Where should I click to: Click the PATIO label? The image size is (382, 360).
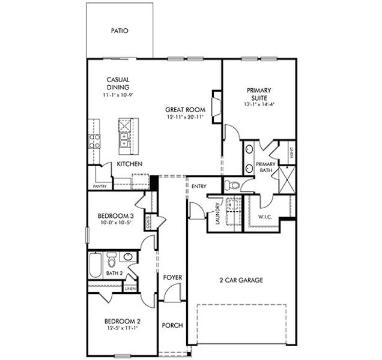120,31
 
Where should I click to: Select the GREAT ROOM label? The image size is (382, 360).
186,110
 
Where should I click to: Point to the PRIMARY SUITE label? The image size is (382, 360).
259,93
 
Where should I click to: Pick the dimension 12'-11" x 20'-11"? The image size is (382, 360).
186,118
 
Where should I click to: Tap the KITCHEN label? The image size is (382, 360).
129,164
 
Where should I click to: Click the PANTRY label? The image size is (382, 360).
100,186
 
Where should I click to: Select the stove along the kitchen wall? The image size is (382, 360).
95,141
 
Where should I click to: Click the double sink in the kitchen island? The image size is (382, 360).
125,140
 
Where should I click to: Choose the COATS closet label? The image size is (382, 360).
148,221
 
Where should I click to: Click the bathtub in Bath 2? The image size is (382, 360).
95,264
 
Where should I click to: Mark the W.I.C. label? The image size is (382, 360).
265,216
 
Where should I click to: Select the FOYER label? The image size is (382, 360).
173,277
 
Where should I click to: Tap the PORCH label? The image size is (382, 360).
173,326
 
